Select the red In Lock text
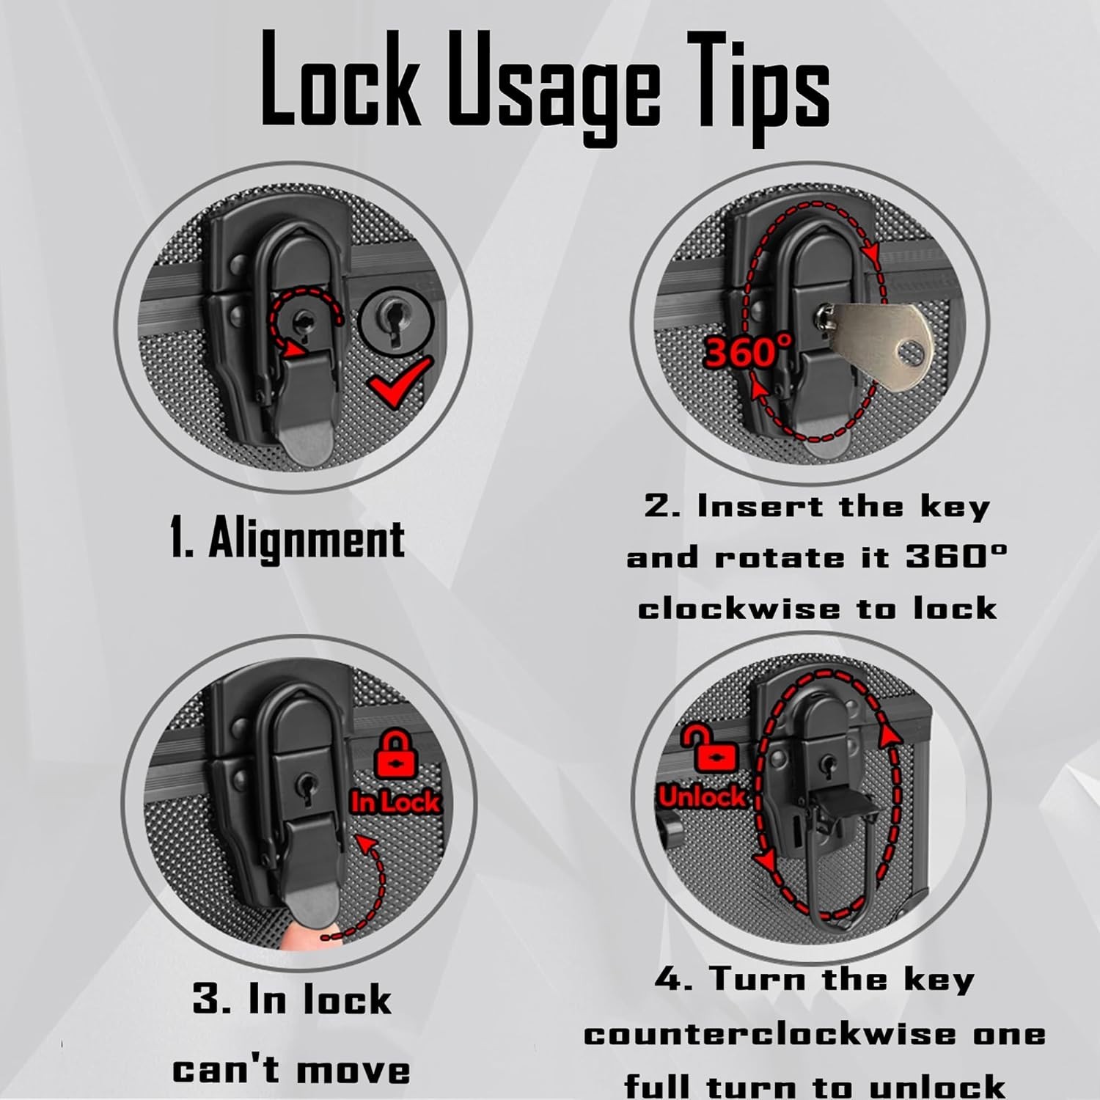(x=395, y=802)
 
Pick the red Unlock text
(x=702, y=796)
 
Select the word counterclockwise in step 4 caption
(x=769, y=1035)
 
